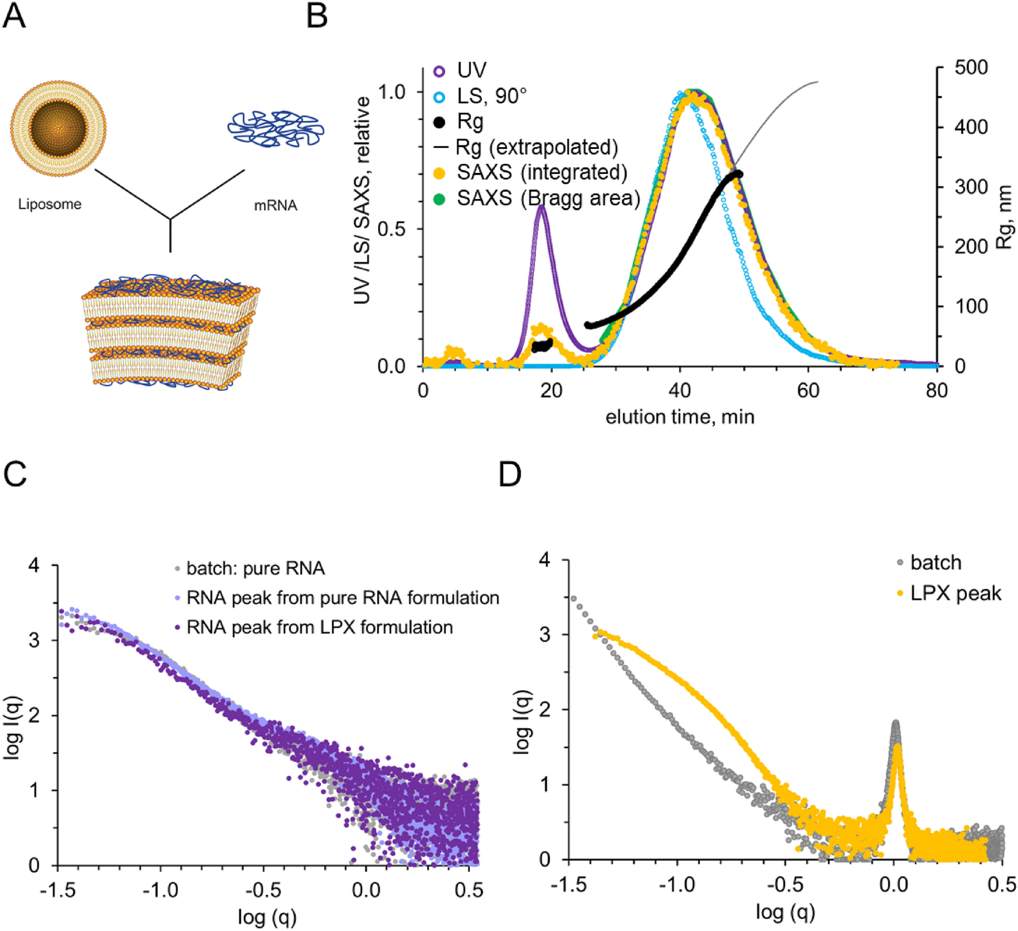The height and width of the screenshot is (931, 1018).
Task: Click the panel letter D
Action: click(510, 475)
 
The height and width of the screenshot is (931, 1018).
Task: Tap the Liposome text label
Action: click(49, 204)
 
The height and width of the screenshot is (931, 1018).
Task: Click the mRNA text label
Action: click(275, 206)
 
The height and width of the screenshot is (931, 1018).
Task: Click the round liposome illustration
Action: click(58, 128)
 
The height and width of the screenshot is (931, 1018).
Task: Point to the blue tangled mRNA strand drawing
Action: click(276, 128)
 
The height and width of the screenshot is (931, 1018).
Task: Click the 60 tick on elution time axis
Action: click(808, 391)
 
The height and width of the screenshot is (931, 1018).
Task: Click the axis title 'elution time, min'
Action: click(680, 417)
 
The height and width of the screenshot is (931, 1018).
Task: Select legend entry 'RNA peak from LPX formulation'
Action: click(319, 627)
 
